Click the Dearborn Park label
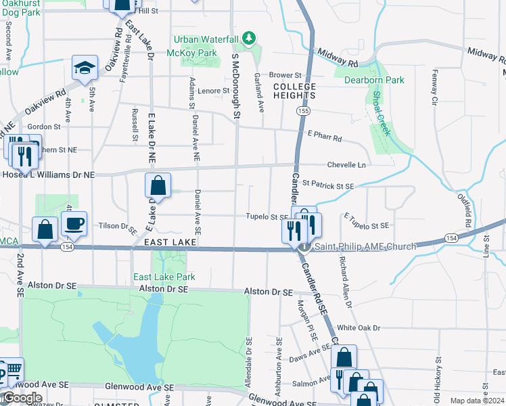click(x=374, y=80)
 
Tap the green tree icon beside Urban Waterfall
click(x=249, y=38)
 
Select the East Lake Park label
click(x=164, y=277)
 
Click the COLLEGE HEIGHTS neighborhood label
click(x=294, y=91)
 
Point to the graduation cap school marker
click(x=84, y=68)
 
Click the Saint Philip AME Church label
click(x=365, y=246)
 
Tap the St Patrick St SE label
click(x=327, y=184)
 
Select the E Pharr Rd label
click(x=324, y=138)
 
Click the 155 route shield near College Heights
click(x=304, y=110)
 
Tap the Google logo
click(x=22, y=398)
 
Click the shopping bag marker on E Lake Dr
click(x=157, y=185)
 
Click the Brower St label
click(x=284, y=75)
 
